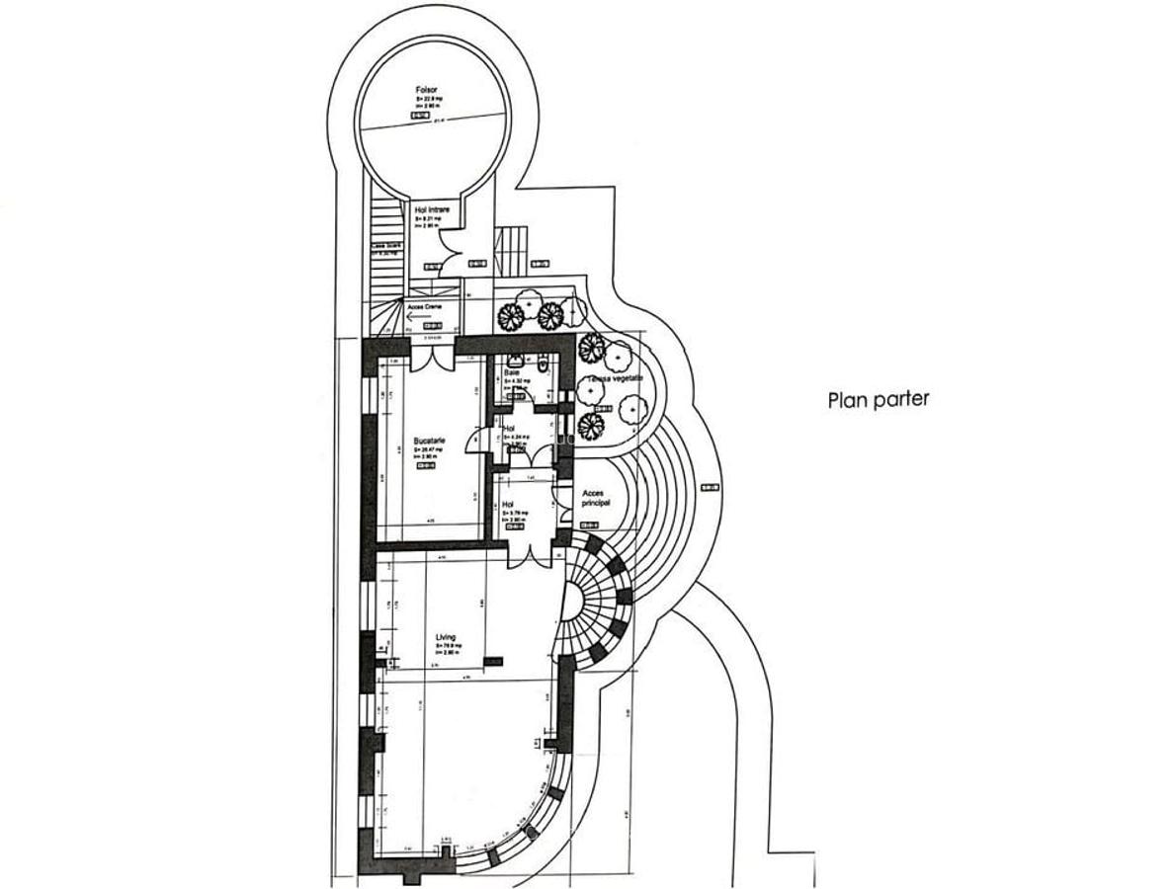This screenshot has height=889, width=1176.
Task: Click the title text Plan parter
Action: (878, 401)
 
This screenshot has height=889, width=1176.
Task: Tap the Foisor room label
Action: (427, 91)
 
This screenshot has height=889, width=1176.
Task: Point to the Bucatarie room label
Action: (429, 442)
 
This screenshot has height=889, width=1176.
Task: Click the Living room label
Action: (446, 638)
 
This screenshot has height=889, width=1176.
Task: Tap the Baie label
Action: (511, 372)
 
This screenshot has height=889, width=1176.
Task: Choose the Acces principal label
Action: (597, 497)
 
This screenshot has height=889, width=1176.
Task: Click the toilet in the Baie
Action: (545, 364)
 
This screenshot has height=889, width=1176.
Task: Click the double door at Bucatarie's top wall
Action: (432, 356)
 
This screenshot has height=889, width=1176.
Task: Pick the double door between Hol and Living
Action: (528, 554)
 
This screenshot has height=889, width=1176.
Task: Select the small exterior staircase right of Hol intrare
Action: (511, 253)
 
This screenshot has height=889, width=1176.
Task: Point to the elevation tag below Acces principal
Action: (708, 487)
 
